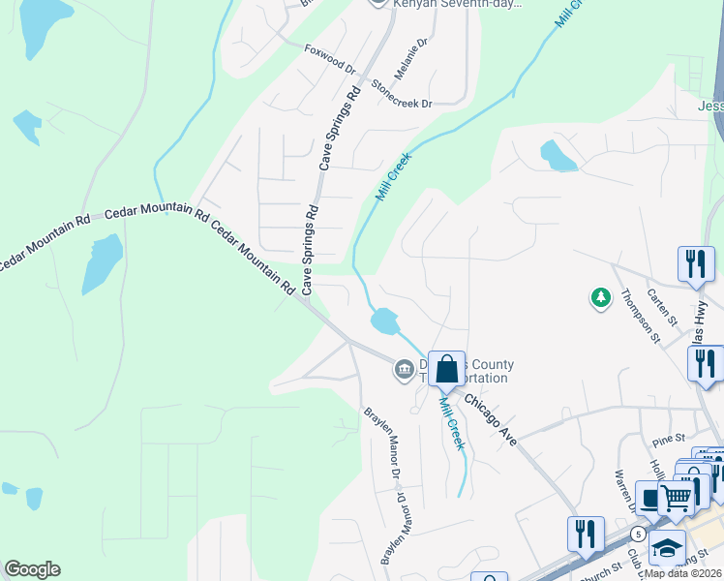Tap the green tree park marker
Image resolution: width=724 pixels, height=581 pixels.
tap(602, 297)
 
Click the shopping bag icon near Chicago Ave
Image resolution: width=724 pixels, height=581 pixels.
tap(447, 368)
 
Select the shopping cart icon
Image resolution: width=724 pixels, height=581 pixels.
tap(677, 498)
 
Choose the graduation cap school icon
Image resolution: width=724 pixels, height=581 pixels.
tap(667, 548)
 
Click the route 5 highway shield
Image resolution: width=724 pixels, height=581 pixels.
tap(639, 534)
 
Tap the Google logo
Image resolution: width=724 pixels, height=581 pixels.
tap(32, 569)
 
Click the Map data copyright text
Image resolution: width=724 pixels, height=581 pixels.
tap(685, 572)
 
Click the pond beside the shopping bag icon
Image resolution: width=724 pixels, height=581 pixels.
tap(384, 320)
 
